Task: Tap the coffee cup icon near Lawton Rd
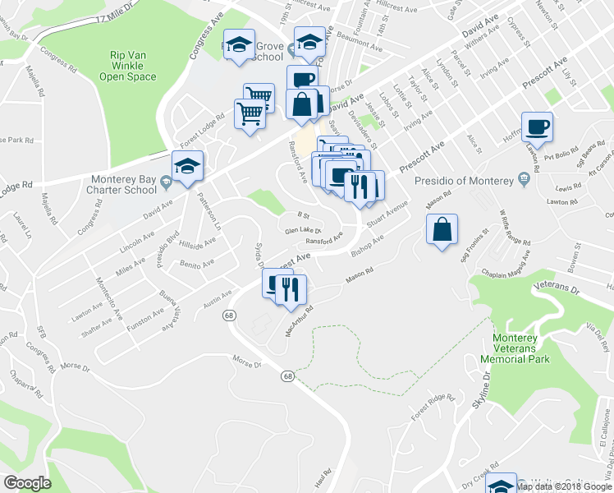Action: pos(538,127)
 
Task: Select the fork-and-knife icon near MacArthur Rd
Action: pos(291,288)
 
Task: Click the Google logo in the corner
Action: pos(27,483)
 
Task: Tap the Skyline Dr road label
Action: pos(486,386)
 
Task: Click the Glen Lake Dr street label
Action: pos(301,231)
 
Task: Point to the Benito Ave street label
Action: pos(198,264)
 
